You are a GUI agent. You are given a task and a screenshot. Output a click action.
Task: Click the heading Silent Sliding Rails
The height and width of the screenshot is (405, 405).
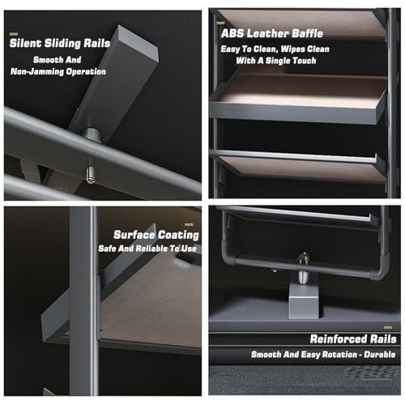click(x=60, y=43)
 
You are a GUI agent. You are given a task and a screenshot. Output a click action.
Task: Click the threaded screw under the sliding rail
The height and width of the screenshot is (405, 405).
click(x=91, y=175)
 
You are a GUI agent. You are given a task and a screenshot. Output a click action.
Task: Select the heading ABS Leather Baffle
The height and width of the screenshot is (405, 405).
click(x=272, y=33)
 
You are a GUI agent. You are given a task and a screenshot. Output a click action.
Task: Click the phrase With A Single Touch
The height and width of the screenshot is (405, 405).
click(x=276, y=61)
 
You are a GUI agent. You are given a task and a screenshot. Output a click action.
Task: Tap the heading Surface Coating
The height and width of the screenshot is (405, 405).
click(x=156, y=235)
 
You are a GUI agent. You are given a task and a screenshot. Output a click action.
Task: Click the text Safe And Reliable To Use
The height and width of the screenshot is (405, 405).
click(x=147, y=249)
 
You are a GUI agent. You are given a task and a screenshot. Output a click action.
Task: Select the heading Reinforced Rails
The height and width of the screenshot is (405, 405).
click(x=353, y=339)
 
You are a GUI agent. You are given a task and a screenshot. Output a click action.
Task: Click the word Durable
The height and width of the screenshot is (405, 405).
click(x=380, y=354)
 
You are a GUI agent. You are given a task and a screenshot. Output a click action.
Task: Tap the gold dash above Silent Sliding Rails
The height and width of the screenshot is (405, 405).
click(x=14, y=34)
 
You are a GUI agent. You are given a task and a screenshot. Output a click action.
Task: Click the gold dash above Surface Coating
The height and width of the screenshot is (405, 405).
click(x=190, y=224)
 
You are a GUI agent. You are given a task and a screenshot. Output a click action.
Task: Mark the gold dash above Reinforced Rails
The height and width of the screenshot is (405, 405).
click(x=388, y=327)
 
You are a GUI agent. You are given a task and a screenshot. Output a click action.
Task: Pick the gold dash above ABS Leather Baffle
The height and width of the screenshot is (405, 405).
click(x=220, y=23)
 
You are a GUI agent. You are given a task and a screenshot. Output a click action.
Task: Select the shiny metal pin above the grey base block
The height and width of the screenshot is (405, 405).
click(x=304, y=267)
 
